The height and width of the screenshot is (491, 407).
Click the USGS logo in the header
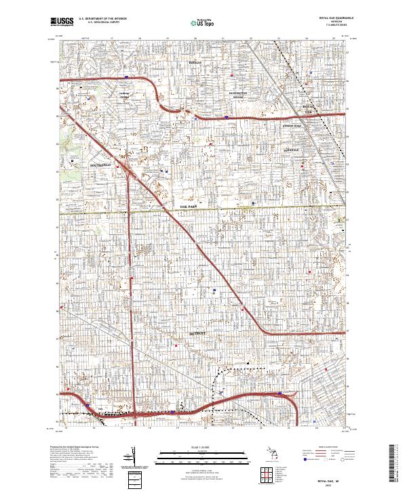(61, 22)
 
